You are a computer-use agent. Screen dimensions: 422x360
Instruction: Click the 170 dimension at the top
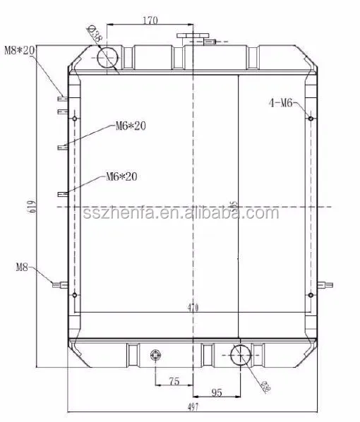(x=149, y=20)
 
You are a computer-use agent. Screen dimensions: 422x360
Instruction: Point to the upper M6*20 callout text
(x=131, y=126)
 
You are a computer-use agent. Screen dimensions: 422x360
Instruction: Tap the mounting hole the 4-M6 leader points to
(x=311, y=118)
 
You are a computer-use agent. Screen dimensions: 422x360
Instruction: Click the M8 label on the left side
(x=22, y=267)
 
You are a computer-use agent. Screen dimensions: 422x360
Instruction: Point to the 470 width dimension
(x=193, y=308)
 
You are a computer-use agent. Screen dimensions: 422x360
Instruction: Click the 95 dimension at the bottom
(x=217, y=392)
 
